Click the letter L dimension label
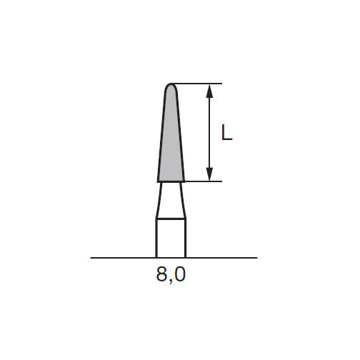tap(226, 132)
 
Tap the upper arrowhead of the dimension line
tap(209, 91)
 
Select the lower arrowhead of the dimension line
tap(209, 174)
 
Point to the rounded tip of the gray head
tap(171, 84)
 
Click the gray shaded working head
tap(171, 138)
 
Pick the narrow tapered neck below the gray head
tap(171, 200)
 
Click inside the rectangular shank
tap(171, 238)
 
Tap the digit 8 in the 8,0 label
tap(161, 274)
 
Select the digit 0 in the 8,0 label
tap(179, 274)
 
